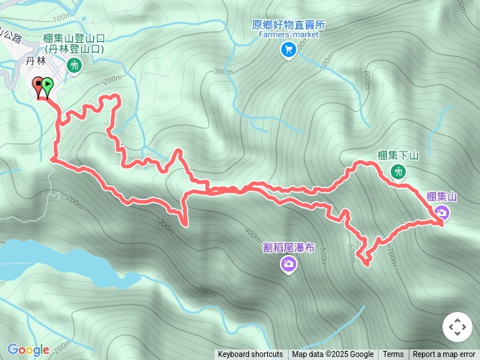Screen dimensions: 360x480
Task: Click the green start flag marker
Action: pyautogui.click(x=48, y=85)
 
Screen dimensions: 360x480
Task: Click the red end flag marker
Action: pyautogui.click(x=38, y=85)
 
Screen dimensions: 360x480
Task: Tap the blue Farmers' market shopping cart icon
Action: pyautogui.click(x=288, y=49)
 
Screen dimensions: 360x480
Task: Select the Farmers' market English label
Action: pyautogui.click(x=289, y=34)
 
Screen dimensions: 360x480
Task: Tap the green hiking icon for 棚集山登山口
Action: pyautogui.click(x=74, y=66)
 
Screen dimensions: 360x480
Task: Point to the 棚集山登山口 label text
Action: pyautogui.click(x=73, y=39)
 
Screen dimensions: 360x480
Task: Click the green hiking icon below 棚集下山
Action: pyautogui.click(x=398, y=172)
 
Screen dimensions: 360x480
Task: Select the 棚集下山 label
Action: pyautogui.click(x=397, y=155)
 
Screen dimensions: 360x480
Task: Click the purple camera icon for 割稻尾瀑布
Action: pyautogui.click(x=289, y=263)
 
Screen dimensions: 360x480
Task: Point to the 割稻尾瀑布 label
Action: pyautogui.click(x=289, y=246)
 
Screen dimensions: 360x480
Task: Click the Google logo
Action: pyautogui.click(x=28, y=349)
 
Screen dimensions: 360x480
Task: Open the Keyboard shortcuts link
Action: pyautogui.click(x=250, y=355)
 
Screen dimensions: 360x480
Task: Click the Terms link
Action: pyautogui.click(x=393, y=355)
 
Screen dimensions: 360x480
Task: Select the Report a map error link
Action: pyautogui.click(x=444, y=355)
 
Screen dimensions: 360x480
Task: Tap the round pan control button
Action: pyautogui.click(x=457, y=328)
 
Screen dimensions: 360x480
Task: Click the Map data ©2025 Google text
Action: pyautogui.click(x=333, y=355)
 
